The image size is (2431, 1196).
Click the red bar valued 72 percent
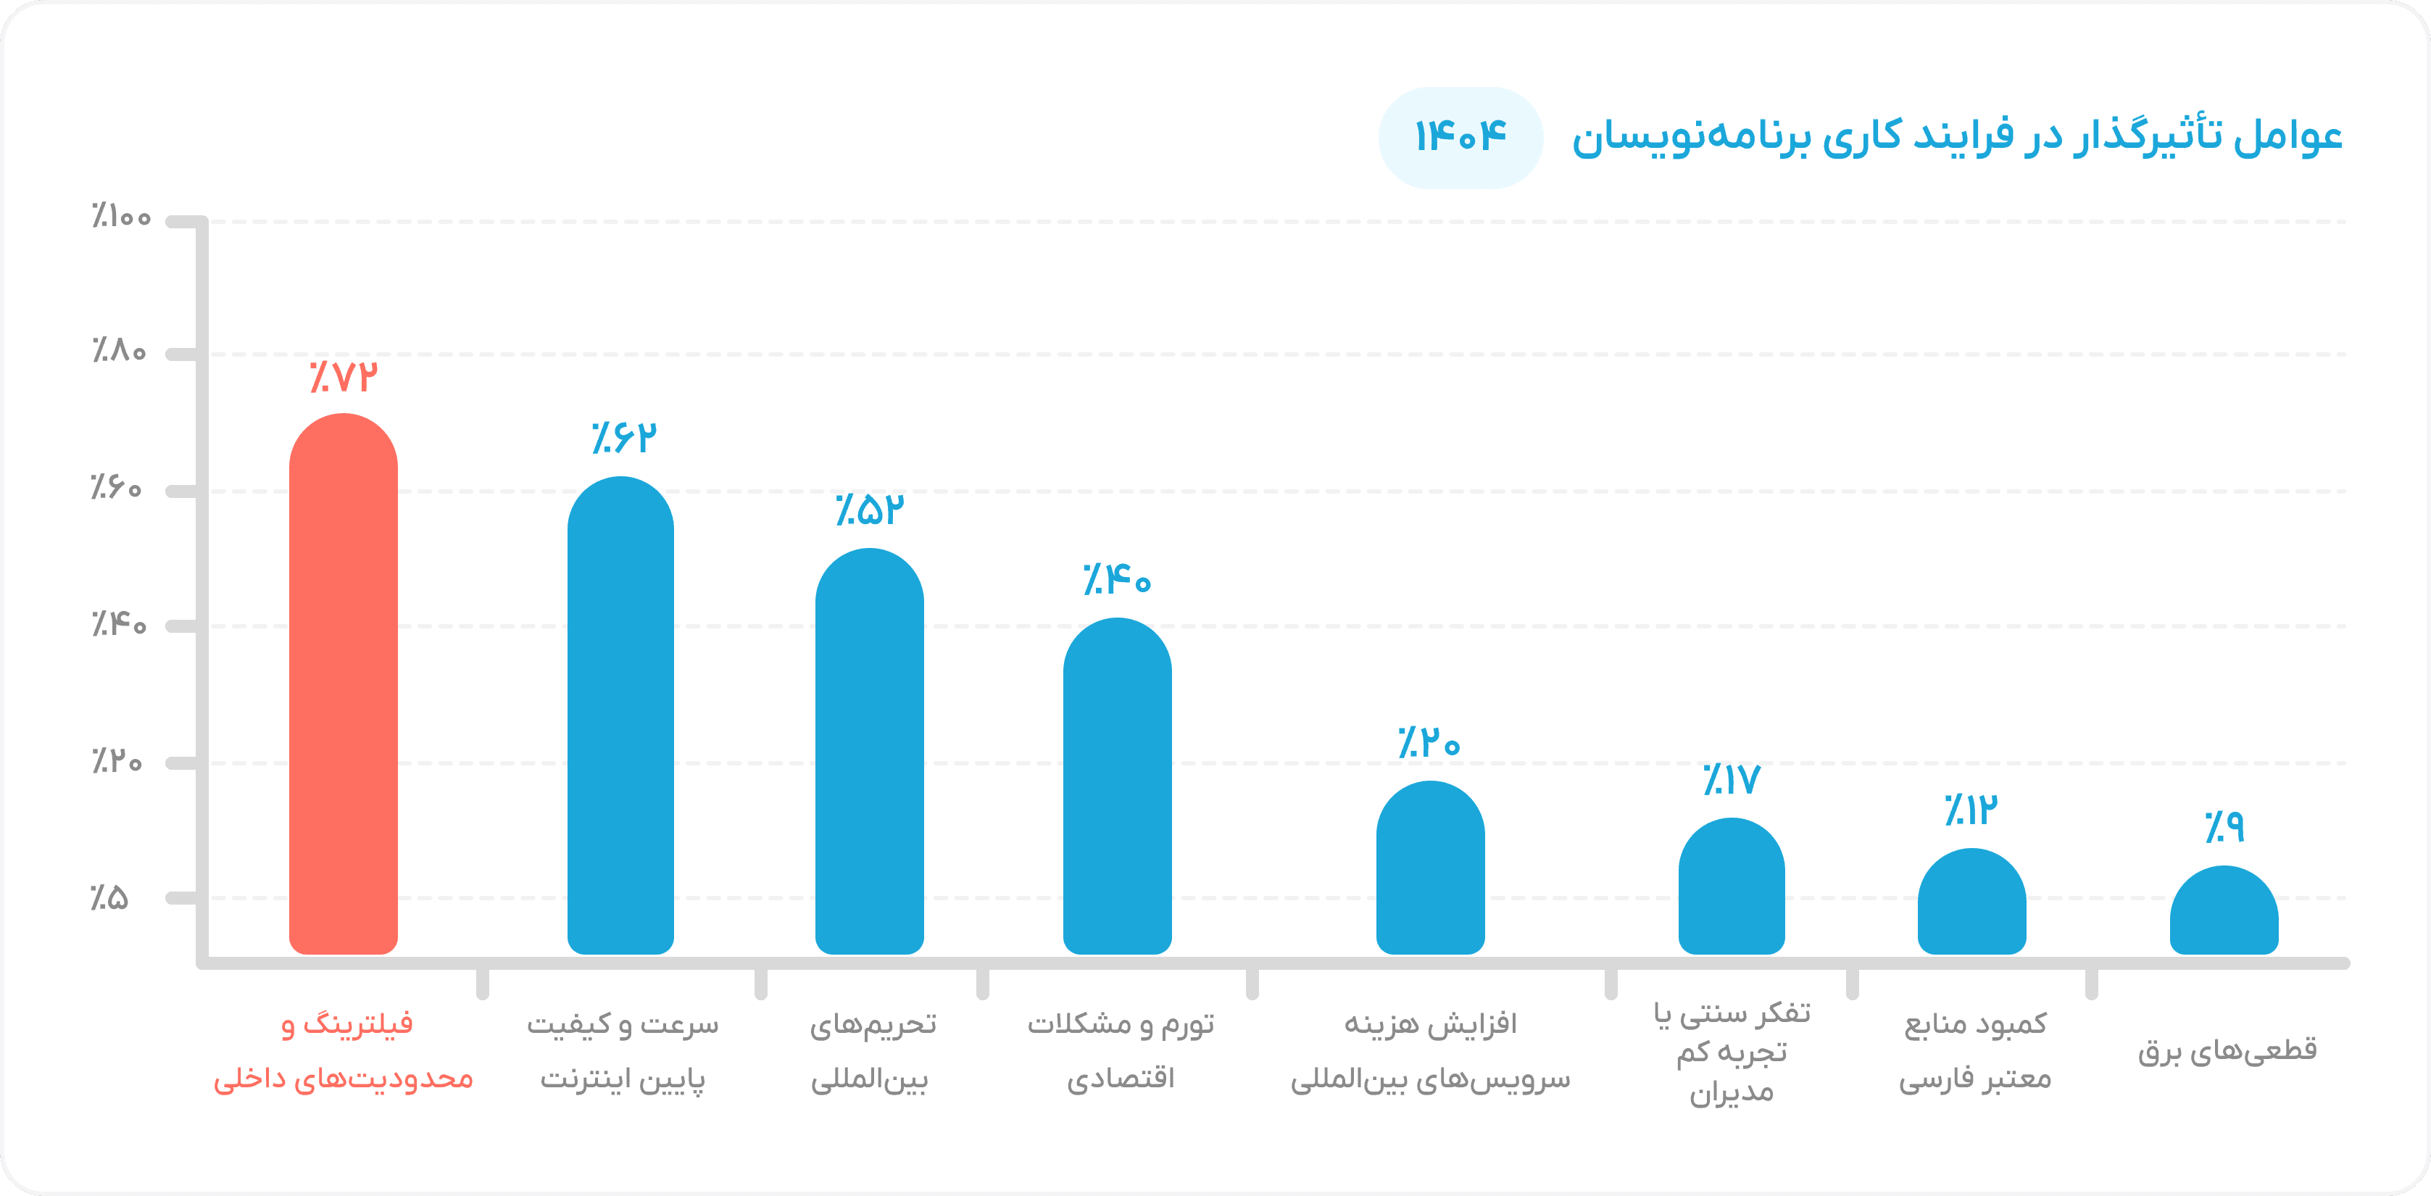pos(344,684)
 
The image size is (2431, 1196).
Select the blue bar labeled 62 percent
pos(620,715)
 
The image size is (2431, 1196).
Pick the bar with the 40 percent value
pos(1118,786)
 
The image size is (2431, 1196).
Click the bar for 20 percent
pos(1430,868)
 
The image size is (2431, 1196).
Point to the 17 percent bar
pos(1732,886)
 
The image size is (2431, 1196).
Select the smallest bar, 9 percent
pos(2224,910)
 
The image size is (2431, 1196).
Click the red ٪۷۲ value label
pos(344,377)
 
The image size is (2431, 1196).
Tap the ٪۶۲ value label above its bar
pos(624,437)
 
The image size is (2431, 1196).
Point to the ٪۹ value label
pos(2224,827)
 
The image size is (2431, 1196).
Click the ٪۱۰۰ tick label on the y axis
pos(121,217)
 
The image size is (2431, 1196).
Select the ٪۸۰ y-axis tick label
pos(119,350)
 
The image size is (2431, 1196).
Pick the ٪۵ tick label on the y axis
pos(109,897)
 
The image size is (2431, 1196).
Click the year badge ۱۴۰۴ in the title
pos(1460,138)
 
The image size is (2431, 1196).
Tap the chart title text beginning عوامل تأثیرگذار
pos(1956,138)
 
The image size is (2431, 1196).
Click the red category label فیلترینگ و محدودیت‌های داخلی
pos(344,1050)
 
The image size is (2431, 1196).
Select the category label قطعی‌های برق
pos(2227,1050)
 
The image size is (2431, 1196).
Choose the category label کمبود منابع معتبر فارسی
pos(1975,1050)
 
